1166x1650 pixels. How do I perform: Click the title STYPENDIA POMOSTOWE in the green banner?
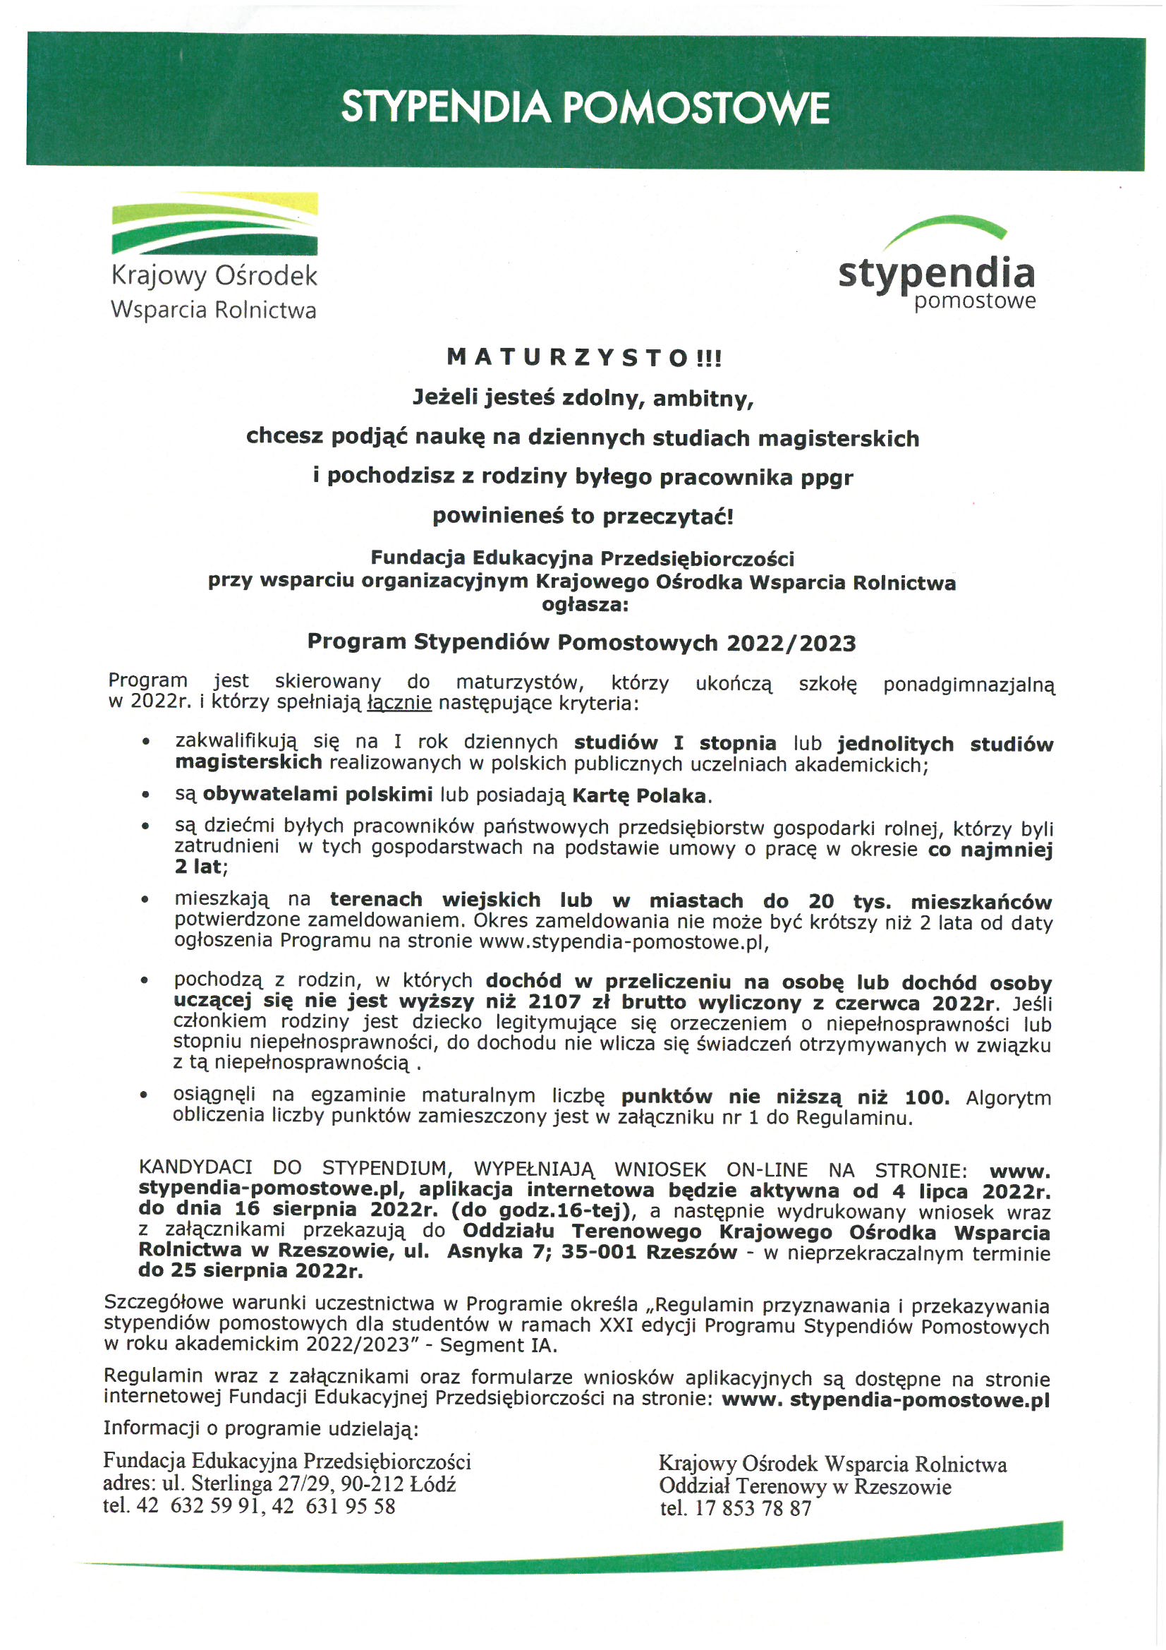click(585, 108)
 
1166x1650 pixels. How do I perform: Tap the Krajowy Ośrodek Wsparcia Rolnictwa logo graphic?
click(214, 224)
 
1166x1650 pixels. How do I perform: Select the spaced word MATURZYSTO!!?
click(583, 357)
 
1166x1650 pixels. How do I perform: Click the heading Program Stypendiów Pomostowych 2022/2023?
click(581, 642)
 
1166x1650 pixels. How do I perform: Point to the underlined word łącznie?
click(399, 702)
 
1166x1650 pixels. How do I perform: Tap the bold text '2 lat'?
click(198, 867)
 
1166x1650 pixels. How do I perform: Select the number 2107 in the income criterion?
click(554, 1002)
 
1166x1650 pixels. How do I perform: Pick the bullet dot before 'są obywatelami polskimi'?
click(146, 795)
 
